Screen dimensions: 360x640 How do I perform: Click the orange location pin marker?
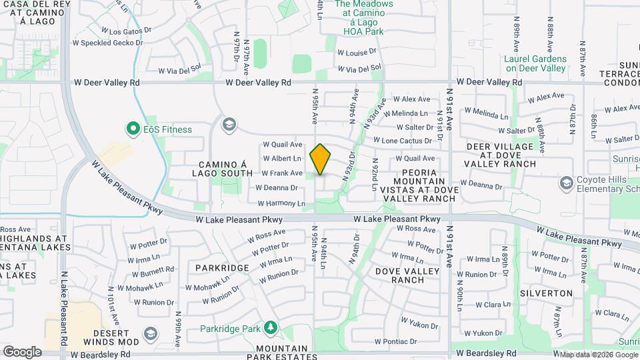(320, 159)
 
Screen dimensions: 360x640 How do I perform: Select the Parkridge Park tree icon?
(270, 328)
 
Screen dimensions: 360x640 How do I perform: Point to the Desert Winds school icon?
(151, 333)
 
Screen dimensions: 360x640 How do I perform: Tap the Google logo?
(22, 352)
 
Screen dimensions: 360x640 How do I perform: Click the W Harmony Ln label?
(281, 203)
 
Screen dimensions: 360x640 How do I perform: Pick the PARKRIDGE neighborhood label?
(222, 268)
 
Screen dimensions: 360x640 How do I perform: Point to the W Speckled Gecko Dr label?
(108, 43)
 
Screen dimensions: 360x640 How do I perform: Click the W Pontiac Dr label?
(396, 342)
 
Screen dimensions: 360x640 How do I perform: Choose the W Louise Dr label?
(357, 51)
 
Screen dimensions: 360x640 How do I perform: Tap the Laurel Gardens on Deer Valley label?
(535, 63)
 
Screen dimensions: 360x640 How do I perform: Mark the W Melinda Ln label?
(405, 114)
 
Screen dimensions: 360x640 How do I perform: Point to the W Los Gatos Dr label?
(123, 31)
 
